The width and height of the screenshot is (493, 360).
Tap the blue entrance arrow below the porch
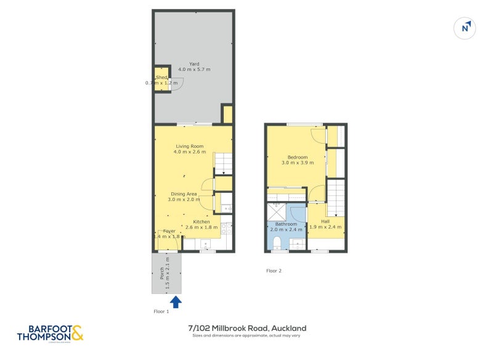point(176,301)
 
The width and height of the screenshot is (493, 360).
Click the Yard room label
point(194,63)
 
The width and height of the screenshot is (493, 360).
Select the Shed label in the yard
point(161,78)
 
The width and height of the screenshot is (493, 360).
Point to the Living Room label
point(189,146)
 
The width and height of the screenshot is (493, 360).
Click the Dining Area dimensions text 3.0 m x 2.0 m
point(184,200)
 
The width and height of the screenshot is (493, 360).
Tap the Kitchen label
point(202,221)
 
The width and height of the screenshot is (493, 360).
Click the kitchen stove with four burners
point(228,229)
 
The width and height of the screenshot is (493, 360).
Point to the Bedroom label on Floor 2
point(298,157)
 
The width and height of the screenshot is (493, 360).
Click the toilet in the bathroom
point(278,242)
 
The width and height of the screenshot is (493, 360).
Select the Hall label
point(325,221)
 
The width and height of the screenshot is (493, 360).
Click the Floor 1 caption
point(161,312)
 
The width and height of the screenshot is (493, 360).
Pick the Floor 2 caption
point(274,271)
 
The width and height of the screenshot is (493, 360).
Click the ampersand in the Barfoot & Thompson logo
point(76,333)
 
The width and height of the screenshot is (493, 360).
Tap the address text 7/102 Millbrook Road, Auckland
point(247,328)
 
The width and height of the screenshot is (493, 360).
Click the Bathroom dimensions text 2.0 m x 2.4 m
point(286,230)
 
